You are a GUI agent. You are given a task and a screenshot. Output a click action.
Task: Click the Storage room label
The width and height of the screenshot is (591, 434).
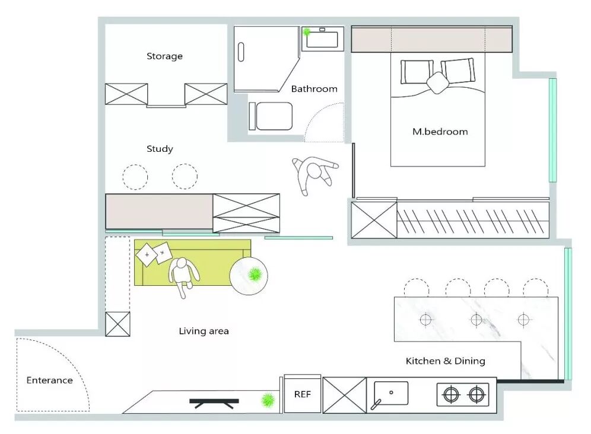pos(164,56)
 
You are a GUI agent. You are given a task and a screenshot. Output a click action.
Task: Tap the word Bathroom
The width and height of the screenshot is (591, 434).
pos(314,89)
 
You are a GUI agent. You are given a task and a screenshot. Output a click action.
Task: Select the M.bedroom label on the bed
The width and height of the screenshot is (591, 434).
pos(440,131)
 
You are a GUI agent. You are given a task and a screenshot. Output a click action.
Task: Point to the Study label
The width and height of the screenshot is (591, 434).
pos(160,149)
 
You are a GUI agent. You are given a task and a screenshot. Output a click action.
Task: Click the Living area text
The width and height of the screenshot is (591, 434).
pos(204,331)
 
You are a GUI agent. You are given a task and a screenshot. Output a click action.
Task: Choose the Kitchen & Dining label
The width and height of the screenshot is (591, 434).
pos(445,360)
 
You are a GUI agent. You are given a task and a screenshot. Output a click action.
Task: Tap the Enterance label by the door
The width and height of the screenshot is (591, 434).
pos(49,380)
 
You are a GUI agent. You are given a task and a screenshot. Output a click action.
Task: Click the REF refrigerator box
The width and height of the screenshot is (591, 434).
pos(302,394)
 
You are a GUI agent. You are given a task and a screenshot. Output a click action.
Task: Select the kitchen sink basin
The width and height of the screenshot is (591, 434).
pos(391,393)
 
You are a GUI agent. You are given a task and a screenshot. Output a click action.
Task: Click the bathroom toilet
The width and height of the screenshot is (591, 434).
pos(271,116)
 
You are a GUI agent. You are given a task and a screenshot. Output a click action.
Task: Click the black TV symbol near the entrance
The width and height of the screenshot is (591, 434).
pos(214,403)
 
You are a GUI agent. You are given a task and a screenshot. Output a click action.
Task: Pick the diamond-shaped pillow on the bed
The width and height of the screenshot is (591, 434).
pos(438,82)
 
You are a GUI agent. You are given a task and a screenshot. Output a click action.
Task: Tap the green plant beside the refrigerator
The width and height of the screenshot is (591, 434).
pos(269,400)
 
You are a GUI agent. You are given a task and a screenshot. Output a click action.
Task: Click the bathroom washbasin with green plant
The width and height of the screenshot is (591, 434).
pos(320,38)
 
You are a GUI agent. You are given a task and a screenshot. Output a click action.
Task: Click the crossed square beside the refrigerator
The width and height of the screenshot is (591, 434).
pos(344,394)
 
